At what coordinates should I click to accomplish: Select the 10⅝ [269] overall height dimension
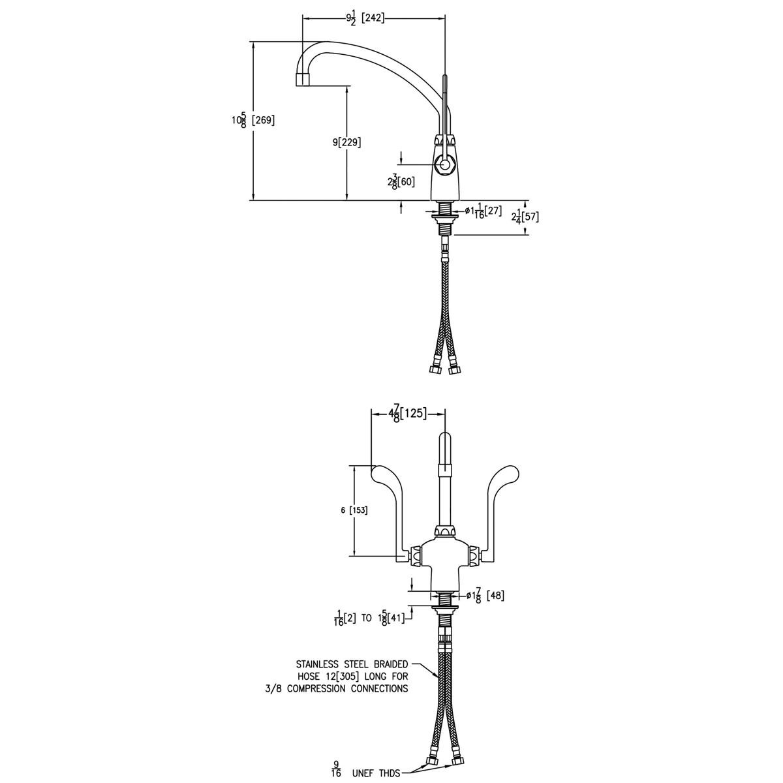[253, 120]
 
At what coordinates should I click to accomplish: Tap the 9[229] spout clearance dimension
[346, 142]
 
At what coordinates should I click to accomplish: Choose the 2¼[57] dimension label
[525, 217]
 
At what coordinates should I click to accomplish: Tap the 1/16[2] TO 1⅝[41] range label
[369, 617]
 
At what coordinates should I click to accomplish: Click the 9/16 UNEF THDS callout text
[365, 773]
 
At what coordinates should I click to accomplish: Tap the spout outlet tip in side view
[302, 80]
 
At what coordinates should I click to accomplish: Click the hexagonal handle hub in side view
[445, 164]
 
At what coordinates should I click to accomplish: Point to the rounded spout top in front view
[444, 440]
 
